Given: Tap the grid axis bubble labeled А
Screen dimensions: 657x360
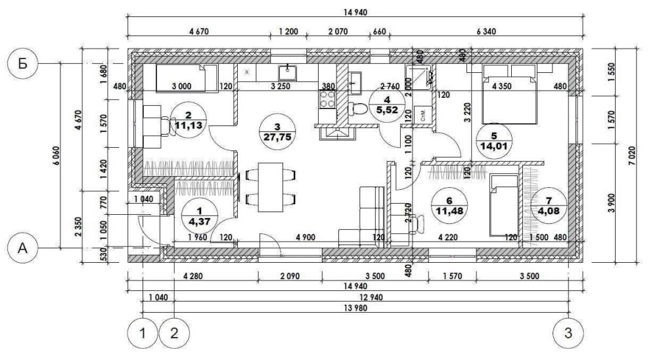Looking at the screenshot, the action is tap(22, 248).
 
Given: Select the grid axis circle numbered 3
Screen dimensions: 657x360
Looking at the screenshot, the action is tap(568, 333).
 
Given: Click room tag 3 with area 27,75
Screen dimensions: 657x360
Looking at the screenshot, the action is tap(277, 132).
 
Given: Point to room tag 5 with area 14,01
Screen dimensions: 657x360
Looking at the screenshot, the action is tap(495, 141).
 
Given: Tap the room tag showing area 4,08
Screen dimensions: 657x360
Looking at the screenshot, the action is tap(549, 207).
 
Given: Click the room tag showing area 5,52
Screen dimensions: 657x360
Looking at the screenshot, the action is tap(387, 105).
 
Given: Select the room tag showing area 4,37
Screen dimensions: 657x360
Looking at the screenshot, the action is tap(200, 216).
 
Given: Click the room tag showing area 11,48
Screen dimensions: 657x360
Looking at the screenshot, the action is tap(449, 206).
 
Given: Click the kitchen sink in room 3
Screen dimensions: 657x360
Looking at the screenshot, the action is tap(288, 72).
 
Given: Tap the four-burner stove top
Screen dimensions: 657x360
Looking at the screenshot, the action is tap(327, 99).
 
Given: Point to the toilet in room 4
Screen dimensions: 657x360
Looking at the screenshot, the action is tap(357, 109).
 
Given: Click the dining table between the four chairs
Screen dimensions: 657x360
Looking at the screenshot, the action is tap(270, 187).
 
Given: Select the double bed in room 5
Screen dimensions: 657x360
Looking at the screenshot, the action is tap(510, 95).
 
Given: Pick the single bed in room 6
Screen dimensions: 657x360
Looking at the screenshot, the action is tap(504, 206).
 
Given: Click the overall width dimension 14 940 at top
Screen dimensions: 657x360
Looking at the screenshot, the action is tap(355, 12).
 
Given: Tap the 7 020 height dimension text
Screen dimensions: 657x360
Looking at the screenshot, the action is tap(632, 156).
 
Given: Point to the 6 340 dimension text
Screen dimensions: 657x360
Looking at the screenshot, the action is tap(486, 32).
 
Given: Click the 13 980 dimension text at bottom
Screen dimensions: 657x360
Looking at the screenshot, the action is tap(355, 308).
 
